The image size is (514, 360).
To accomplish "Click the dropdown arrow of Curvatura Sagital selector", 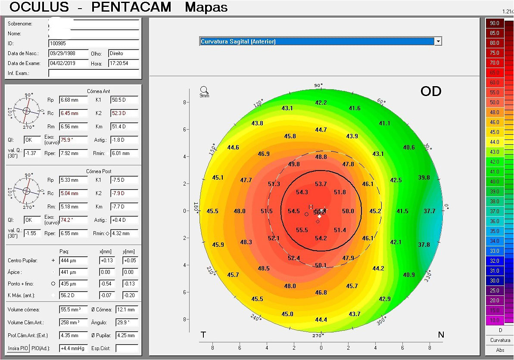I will (438, 41).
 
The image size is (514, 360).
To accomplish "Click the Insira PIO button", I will (18, 348).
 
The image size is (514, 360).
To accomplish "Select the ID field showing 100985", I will (93, 43).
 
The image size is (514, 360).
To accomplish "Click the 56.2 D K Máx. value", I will (73, 295).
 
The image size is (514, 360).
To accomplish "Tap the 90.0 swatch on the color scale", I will (494, 23).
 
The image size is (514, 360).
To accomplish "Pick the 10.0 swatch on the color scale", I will (494, 320).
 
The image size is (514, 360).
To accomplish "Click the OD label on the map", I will (430, 91).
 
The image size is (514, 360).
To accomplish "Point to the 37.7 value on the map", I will (430, 211).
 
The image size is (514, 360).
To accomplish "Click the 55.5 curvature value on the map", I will (302, 230).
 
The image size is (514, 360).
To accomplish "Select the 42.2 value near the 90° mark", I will (321, 102).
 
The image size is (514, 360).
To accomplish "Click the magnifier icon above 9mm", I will (204, 90).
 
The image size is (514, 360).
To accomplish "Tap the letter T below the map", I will (203, 335).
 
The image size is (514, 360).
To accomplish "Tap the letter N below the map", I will (441, 335).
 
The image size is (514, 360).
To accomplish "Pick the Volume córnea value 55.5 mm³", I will (73, 309).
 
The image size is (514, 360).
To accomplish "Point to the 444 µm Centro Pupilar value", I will (73, 261).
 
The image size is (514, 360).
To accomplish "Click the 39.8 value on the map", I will (424, 177).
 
